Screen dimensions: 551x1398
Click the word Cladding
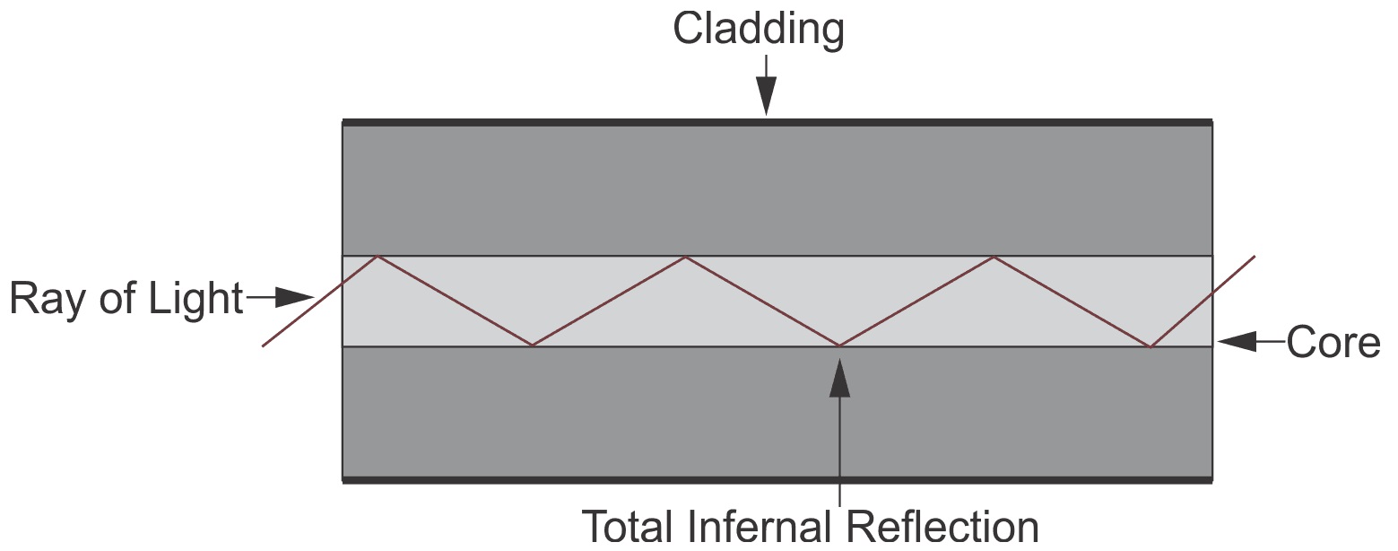(x=758, y=31)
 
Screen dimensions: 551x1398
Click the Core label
(x=1333, y=343)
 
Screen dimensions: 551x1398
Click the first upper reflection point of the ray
(x=378, y=257)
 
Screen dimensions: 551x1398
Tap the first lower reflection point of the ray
(x=533, y=345)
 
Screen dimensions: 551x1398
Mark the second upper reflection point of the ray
(x=686, y=257)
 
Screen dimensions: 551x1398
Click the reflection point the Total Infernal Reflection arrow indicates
(x=839, y=345)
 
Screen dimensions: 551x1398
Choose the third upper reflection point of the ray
(x=994, y=257)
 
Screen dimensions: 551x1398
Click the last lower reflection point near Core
(x=1150, y=346)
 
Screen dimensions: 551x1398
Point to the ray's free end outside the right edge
(x=1255, y=257)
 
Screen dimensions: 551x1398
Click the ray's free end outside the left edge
(x=263, y=345)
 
